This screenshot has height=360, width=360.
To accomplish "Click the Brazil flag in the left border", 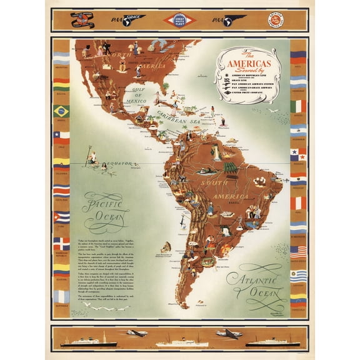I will (61, 111).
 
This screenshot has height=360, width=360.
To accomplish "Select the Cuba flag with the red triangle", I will (61, 217).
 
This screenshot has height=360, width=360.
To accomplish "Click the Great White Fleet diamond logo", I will (180, 20).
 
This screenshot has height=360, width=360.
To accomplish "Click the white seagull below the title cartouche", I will (272, 111).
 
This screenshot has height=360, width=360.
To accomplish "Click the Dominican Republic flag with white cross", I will (61, 242).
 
